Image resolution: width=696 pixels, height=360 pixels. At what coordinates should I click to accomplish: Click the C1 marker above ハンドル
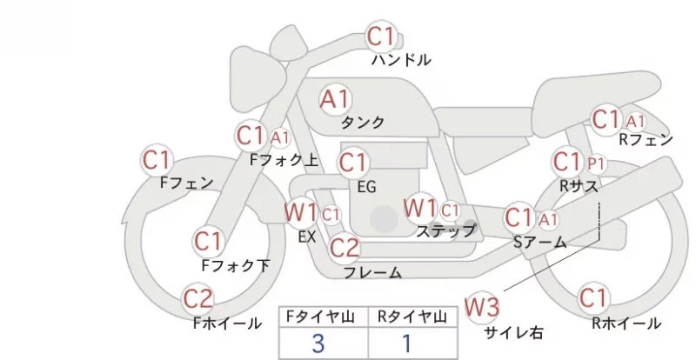(381, 36)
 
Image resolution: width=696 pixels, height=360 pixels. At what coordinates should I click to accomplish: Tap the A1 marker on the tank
(335, 99)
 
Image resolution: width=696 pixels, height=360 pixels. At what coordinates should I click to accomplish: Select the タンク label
(362, 123)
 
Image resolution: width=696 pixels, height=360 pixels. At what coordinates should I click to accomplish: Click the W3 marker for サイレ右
(482, 306)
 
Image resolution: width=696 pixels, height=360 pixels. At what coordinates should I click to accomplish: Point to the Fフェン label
(186, 183)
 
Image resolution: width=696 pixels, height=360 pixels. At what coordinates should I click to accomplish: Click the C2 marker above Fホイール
(197, 298)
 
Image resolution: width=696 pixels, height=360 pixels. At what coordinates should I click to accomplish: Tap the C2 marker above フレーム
(344, 247)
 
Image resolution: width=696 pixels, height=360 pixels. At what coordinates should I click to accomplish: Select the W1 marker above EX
(301, 212)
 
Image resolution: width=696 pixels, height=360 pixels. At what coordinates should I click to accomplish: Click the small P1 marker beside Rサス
(596, 164)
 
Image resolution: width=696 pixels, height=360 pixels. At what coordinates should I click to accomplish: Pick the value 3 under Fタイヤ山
(318, 343)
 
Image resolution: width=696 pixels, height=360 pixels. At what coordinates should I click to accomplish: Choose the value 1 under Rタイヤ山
(406, 343)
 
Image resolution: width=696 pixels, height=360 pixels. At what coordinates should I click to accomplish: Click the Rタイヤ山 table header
(412, 317)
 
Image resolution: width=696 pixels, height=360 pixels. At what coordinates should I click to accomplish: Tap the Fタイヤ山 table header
(320, 317)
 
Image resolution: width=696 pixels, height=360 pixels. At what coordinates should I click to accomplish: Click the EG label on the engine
(366, 187)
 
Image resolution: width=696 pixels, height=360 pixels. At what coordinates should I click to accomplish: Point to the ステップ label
(445, 230)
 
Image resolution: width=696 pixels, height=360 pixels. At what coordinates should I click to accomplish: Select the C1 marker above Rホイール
(593, 297)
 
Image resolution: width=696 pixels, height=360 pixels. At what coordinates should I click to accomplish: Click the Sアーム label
(539, 243)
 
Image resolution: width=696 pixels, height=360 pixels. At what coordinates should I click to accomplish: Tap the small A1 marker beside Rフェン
(635, 121)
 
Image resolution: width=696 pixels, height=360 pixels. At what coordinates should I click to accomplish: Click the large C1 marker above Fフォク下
(208, 242)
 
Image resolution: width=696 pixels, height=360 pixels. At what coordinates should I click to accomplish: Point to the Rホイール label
(626, 323)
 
